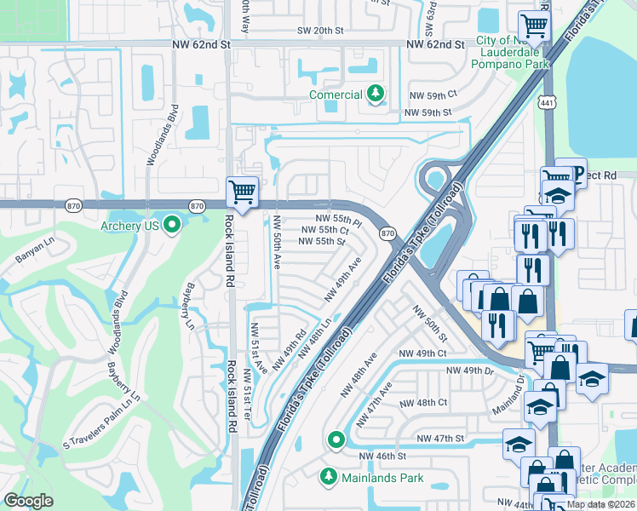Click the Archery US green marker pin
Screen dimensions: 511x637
coord(173,226)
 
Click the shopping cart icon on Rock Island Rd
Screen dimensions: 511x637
coord(242,192)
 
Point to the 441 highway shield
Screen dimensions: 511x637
coord(545,103)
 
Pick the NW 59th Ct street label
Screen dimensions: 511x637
coord(433,95)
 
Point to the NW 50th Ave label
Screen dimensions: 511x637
coord(277,244)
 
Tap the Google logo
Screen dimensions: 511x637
coord(29,501)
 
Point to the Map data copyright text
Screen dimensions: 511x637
coord(600,504)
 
